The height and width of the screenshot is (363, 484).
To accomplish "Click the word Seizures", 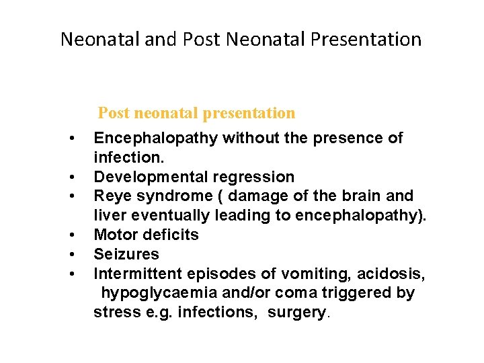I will [126, 254].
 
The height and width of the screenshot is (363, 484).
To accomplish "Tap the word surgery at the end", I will [296, 313].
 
